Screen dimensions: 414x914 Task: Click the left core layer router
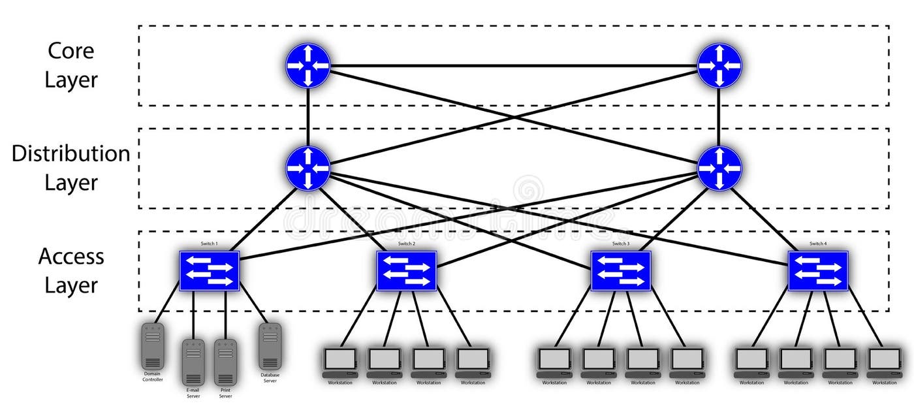pyautogui.click(x=308, y=65)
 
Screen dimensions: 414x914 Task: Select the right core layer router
pyautogui.click(x=719, y=65)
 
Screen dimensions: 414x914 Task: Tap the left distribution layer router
pyautogui.click(x=308, y=168)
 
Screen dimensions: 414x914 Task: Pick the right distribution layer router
pyautogui.click(x=719, y=168)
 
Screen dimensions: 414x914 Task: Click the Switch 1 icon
pyautogui.click(x=210, y=271)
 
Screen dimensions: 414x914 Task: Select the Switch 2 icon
pyautogui.click(x=406, y=271)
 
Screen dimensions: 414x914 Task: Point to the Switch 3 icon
pyautogui.click(x=621, y=271)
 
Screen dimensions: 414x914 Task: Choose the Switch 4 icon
pyautogui.click(x=817, y=271)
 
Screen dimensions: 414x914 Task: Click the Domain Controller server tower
pyautogui.click(x=153, y=346)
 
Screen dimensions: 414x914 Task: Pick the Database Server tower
pyautogui.click(x=270, y=346)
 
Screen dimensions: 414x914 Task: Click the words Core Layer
pyautogui.click(x=71, y=65)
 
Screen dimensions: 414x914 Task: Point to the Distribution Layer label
pyautogui.click(x=71, y=168)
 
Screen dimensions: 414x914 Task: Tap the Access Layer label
pyautogui.click(x=71, y=270)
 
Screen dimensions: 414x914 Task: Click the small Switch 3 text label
pyautogui.click(x=621, y=244)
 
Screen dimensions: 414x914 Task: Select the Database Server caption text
pyautogui.click(x=270, y=377)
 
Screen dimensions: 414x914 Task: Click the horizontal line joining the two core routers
pyautogui.click(x=513, y=65)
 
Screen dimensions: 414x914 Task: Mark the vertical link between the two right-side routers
pyautogui.click(x=719, y=116)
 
